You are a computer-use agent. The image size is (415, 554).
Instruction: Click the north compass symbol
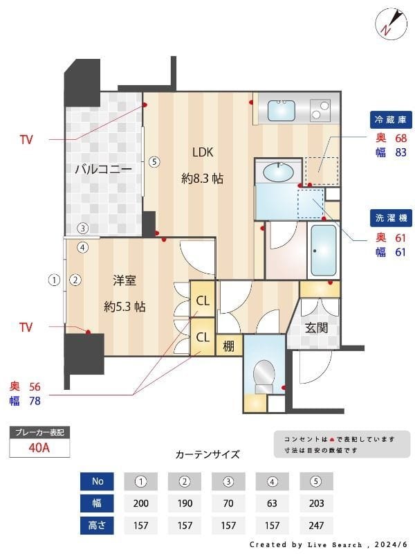coord(389,23)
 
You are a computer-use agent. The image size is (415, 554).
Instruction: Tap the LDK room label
coord(203,152)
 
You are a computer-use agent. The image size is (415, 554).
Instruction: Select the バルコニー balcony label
coord(103,169)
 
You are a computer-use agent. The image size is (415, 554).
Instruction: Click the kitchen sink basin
coord(281,110)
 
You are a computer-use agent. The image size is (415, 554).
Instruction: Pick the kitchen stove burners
coord(320,109)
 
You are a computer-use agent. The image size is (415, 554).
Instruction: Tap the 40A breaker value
coord(39,448)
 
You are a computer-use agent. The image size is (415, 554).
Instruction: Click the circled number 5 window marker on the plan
coord(154,162)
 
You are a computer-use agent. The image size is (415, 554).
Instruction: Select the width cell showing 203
coord(315,503)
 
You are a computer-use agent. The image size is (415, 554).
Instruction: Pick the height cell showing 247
coord(315,526)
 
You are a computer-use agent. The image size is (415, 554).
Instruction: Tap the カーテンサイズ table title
coord(207,455)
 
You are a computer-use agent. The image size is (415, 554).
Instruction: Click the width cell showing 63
coord(272,503)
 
